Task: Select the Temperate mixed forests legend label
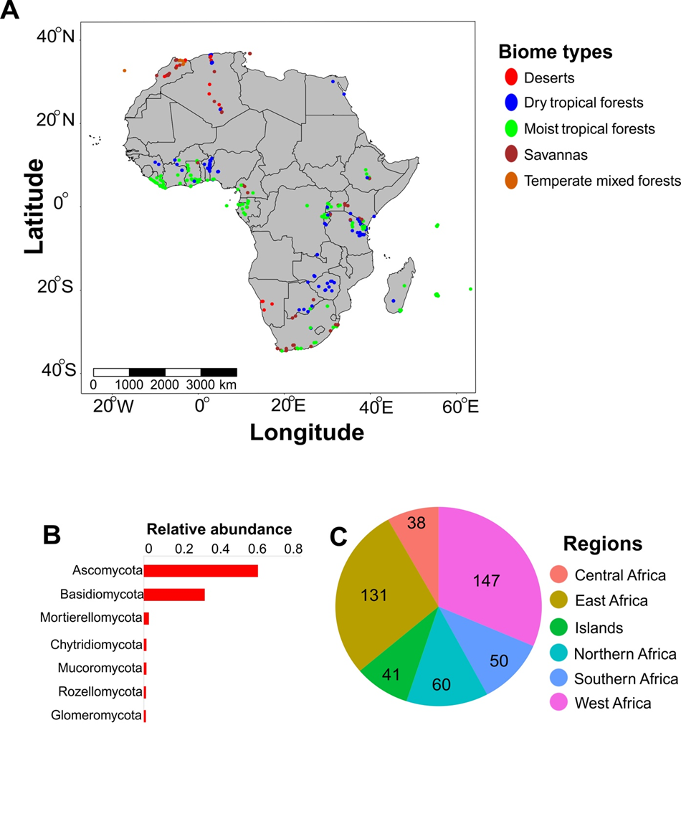pos(601,181)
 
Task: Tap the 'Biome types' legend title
pos(556,52)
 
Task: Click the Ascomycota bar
pos(201,571)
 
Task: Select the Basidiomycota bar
pos(174,595)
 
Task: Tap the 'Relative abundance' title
pos(219,529)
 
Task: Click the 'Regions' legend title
pos(602,544)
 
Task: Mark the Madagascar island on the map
pos(399,287)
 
